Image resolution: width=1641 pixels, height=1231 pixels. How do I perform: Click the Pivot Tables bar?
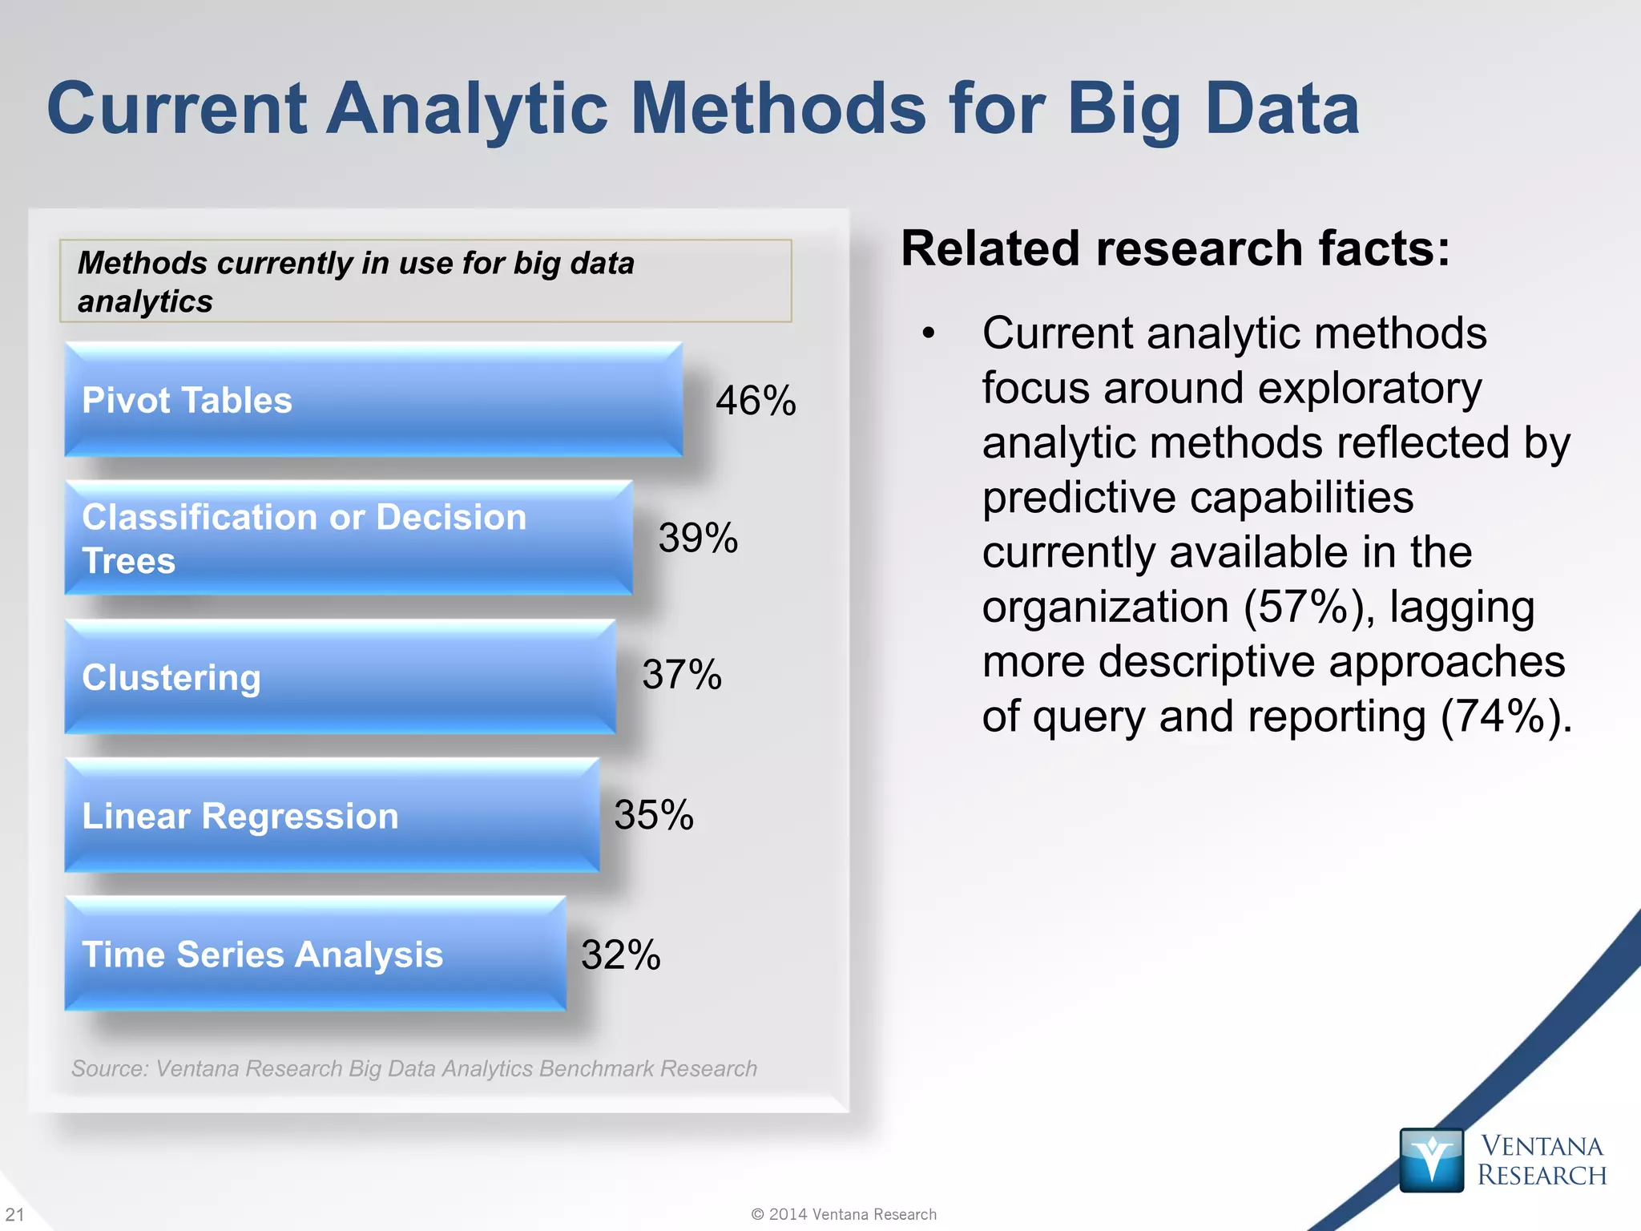(373, 400)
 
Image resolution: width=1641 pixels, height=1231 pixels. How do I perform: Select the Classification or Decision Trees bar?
(349, 538)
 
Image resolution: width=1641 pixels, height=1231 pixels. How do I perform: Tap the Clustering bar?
(341, 677)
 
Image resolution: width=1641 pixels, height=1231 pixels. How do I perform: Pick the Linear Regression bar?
(332, 815)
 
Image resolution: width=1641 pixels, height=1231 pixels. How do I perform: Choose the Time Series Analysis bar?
(315, 954)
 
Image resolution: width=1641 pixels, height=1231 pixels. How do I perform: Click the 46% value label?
(756, 401)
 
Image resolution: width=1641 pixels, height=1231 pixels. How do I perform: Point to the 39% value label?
(698, 538)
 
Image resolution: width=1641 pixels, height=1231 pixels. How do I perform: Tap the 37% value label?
(682, 675)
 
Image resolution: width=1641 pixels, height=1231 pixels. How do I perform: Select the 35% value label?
(654, 815)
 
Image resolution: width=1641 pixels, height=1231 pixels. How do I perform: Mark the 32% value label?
(621, 955)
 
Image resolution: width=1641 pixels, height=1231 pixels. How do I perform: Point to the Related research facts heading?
(1175, 248)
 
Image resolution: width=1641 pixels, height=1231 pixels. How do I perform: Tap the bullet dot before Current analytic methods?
(928, 333)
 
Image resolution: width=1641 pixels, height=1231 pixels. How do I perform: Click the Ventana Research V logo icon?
(1431, 1160)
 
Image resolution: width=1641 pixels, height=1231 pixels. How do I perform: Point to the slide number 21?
(14, 1214)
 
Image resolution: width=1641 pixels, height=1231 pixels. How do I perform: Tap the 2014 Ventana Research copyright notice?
(844, 1214)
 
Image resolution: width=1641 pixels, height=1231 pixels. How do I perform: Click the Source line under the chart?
(413, 1068)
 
